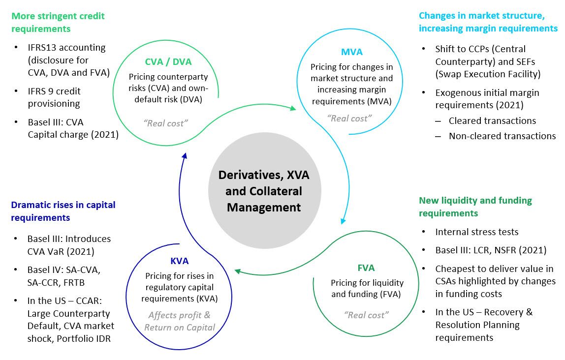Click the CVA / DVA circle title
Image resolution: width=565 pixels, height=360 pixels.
[x=168, y=62]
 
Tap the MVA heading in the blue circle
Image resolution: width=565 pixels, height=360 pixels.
[x=352, y=52]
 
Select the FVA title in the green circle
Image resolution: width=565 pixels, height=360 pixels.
[x=366, y=268]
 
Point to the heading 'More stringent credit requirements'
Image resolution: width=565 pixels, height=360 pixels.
[x=58, y=22]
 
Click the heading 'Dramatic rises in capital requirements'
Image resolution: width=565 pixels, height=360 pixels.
[x=63, y=211]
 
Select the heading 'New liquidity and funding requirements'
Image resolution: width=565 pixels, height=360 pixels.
[x=475, y=207]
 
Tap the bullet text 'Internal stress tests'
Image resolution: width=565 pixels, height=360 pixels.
[x=476, y=232]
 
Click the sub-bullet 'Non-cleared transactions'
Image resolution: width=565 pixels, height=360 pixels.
[x=502, y=136]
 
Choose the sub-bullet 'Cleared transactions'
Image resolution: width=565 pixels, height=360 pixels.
[x=492, y=120]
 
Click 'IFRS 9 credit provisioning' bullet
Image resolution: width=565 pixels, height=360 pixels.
[x=54, y=97]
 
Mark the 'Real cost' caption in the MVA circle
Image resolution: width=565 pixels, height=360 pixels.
[x=349, y=118]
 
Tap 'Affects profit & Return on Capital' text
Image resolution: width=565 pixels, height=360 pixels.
[x=179, y=321]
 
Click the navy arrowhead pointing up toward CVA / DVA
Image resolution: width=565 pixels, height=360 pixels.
[x=184, y=155]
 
